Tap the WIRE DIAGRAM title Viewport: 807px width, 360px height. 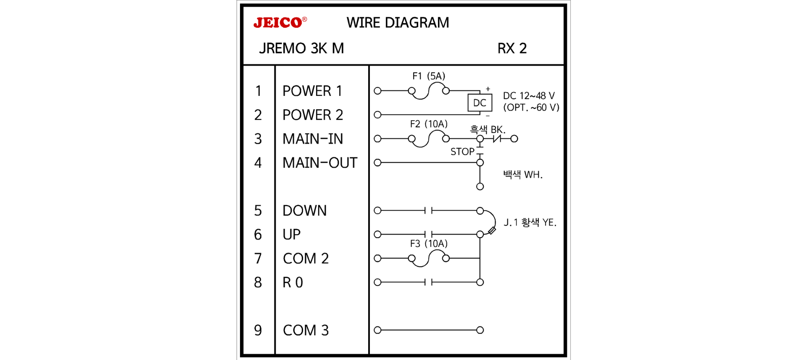pos(398,23)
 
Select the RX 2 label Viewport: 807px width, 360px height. pos(512,48)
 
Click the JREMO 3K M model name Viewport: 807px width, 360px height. pos(301,48)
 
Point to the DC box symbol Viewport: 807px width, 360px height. pos(480,103)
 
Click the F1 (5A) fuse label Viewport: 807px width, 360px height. pos(428,76)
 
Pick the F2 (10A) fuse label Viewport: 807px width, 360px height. pos(428,124)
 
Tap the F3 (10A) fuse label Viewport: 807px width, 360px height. pos(428,244)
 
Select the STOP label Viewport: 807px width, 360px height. pos(462,152)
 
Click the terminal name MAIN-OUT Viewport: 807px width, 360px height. pos(319,163)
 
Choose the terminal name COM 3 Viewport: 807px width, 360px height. pos(306,330)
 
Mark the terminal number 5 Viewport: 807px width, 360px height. pos(258,211)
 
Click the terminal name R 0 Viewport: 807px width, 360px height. pos(293,283)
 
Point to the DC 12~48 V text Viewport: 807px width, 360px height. pos(529,96)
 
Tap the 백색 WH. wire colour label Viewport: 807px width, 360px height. pos(522,175)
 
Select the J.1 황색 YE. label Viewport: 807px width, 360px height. pos(530,222)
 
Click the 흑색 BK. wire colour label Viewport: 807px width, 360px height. pos(487,130)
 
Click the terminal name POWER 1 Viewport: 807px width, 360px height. pos(312,91)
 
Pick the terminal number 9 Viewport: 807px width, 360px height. pos(258,330)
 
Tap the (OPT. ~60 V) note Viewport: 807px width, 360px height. pos(531,108)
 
